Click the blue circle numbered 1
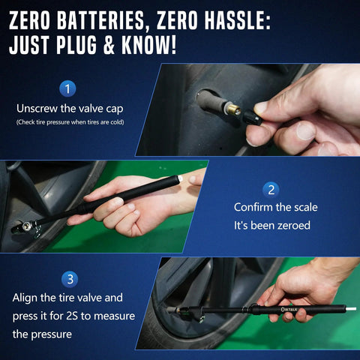point(67,88)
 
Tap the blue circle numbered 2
point(271,190)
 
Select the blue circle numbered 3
point(70,279)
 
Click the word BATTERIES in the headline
point(100,21)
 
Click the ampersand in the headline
point(109,45)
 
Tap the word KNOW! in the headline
point(149,45)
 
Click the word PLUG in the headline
point(76,45)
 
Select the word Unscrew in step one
point(37,109)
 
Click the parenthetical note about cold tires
point(70,122)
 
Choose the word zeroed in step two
point(294,226)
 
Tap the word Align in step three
point(25,298)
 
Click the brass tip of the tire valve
point(234,109)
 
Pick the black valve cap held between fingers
point(252,117)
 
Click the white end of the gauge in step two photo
point(180,178)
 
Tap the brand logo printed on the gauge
point(289,310)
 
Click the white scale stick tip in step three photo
point(350,308)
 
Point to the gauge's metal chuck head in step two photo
point(27,227)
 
